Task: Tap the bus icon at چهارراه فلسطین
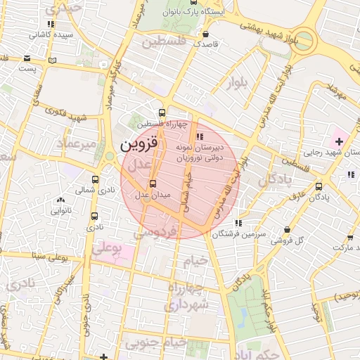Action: [162, 112]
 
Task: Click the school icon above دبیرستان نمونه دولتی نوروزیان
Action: [200, 136]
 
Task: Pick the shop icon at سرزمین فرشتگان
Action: [239, 223]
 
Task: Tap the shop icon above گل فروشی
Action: [287, 229]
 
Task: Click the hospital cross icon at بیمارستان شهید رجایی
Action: [339, 142]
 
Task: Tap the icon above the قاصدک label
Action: [205, 34]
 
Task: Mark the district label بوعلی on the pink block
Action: [107, 248]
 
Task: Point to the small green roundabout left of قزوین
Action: [110, 157]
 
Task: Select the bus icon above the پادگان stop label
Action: [319, 186]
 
